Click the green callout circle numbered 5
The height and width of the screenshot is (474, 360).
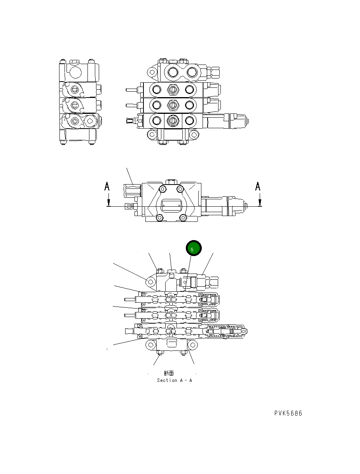(193, 249)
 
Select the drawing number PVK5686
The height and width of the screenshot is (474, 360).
(288, 413)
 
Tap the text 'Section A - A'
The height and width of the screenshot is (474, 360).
(174, 380)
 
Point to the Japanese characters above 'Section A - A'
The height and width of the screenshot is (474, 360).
(169, 373)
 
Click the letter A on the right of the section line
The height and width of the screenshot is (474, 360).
(258, 187)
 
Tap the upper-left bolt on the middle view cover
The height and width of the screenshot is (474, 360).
(162, 189)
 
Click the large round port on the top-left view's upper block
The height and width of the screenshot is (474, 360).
(76, 72)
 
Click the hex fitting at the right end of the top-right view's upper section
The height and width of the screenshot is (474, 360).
(214, 72)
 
